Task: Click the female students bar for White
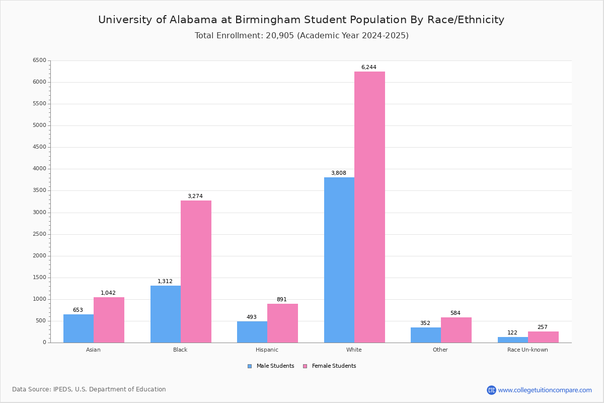coord(369,207)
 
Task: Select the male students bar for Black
coord(166,314)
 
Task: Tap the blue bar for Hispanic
coord(252,332)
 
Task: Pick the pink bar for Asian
coord(109,320)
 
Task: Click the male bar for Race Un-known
coord(513,340)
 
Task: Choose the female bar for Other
coord(456,330)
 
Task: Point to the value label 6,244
coord(368,68)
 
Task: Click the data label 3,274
coord(195,196)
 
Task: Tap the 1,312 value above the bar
coord(165,282)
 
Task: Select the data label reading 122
coord(512,333)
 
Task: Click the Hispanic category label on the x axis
coord(267,350)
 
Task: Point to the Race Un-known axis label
coord(527,350)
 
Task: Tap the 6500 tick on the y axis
coord(39,60)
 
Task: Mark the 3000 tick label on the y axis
coord(39,213)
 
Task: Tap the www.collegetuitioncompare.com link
coord(545,390)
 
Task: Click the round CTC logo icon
coord(491,390)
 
